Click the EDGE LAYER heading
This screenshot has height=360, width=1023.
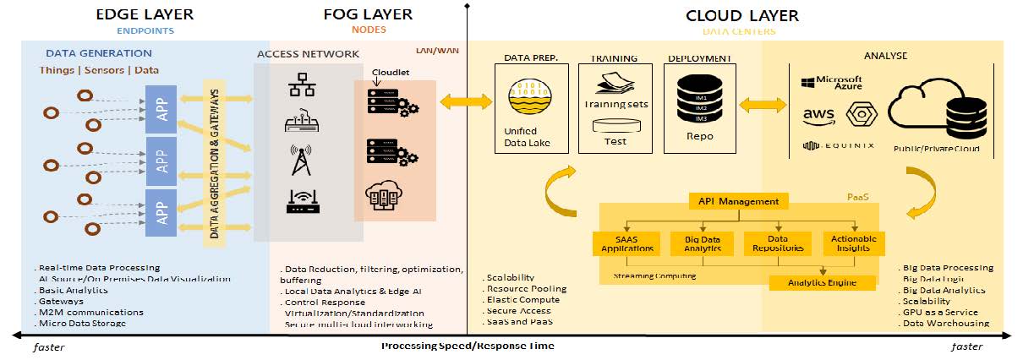(x=145, y=14)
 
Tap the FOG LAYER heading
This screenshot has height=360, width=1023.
(x=368, y=14)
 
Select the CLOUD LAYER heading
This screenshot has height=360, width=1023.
(x=741, y=15)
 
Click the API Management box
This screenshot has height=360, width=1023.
(x=738, y=201)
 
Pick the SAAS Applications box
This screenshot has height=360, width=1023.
(x=629, y=243)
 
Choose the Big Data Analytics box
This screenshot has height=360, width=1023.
(x=702, y=243)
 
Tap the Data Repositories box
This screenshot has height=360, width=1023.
(x=777, y=243)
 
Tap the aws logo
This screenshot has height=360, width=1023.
(x=818, y=114)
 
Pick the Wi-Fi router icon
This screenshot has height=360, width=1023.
(x=302, y=201)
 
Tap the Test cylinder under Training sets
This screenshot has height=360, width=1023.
(x=615, y=127)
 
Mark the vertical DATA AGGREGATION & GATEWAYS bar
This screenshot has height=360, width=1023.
(x=215, y=161)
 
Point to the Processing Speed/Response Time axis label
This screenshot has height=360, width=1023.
(x=468, y=346)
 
